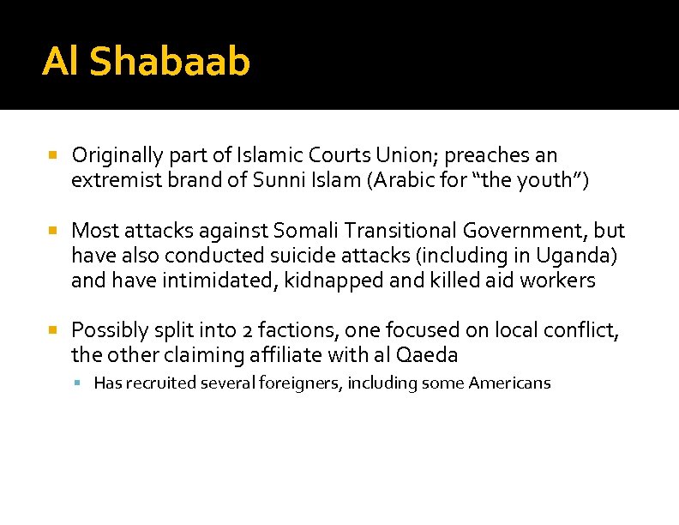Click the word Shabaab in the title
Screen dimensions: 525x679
(x=170, y=62)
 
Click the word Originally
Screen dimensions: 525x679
(x=117, y=156)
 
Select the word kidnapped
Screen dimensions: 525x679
(x=348, y=281)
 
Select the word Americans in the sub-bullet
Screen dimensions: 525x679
(x=509, y=383)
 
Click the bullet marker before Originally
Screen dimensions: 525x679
(x=52, y=156)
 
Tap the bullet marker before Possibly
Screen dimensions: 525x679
(x=52, y=330)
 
